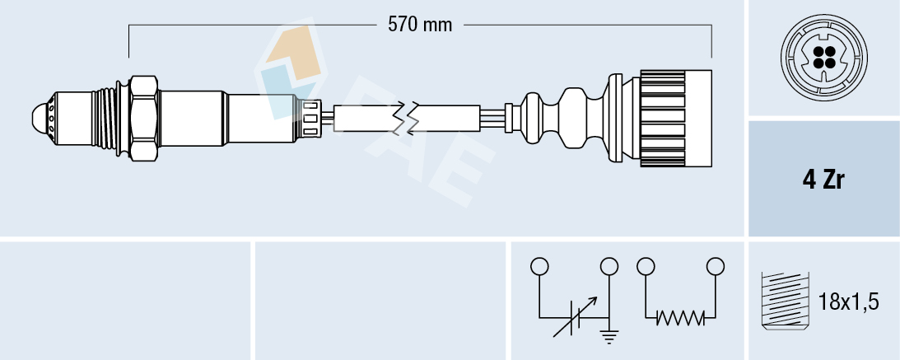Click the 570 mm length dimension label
(420, 25)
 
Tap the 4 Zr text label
(823, 180)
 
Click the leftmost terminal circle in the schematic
(539, 267)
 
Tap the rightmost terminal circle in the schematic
(716, 267)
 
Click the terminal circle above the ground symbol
(609, 267)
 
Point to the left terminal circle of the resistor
(646, 267)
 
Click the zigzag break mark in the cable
(407, 118)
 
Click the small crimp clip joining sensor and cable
(311, 117)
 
